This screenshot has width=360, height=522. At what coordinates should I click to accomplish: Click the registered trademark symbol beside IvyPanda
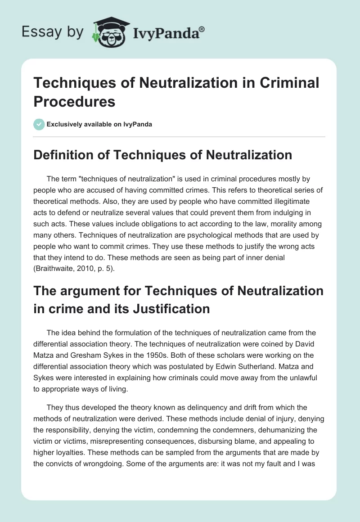(202, 29)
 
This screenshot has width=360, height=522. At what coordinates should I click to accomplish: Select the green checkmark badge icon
(39, 124)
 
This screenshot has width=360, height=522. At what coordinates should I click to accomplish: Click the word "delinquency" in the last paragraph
(166, 408)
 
